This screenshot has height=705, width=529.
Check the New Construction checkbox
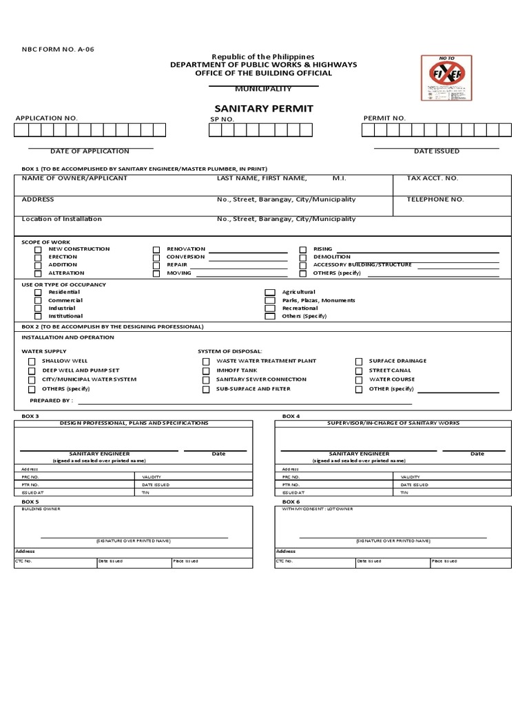coord(39,249)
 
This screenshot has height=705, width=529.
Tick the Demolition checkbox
coord(302,257)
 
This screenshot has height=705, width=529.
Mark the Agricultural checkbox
coord(270,293)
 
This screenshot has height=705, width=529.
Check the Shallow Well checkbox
coord(32,361)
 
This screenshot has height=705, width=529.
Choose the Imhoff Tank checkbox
coord(206,370)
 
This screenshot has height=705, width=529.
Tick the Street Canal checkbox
coord(358,370)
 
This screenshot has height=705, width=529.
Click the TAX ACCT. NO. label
coord(432,178)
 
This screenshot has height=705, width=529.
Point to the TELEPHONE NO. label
coord(435,200)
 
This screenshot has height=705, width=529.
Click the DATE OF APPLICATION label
coord(90,151)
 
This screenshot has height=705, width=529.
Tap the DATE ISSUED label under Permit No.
coord(436,151)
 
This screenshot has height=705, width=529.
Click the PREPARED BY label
coord(51,400)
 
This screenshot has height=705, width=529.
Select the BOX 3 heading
coord(30,417)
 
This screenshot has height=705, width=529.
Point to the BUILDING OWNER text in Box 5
coord(41,509)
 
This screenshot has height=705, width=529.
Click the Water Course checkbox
coord(358,379)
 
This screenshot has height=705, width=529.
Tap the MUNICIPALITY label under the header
coord(263,89)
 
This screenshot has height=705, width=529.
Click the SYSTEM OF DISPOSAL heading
coord(229,351)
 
